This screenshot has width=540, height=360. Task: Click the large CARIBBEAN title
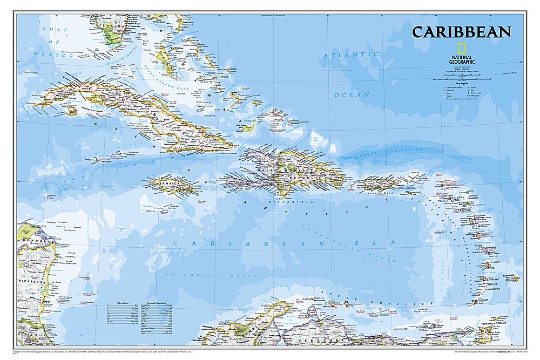pos(461,32)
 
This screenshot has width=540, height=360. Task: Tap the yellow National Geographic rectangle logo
pos(462,48)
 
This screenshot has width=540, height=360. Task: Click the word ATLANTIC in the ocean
pos(351,55)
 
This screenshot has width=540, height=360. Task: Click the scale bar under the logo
pos(462,79)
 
